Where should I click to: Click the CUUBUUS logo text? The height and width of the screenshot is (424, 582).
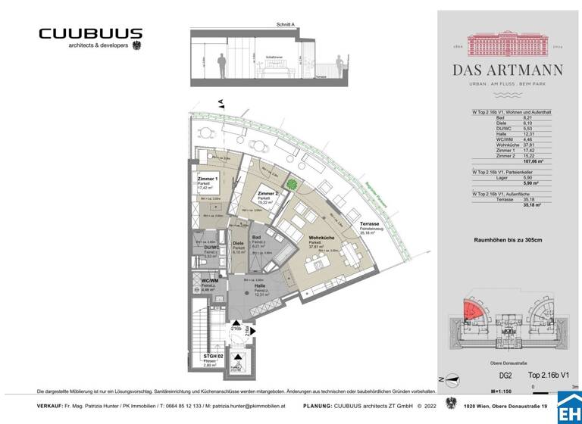(x=90, y=34)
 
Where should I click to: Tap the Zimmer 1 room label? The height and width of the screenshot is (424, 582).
(x=208, y=178)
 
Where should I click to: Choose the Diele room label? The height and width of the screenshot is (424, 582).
(x=238, y=243)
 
